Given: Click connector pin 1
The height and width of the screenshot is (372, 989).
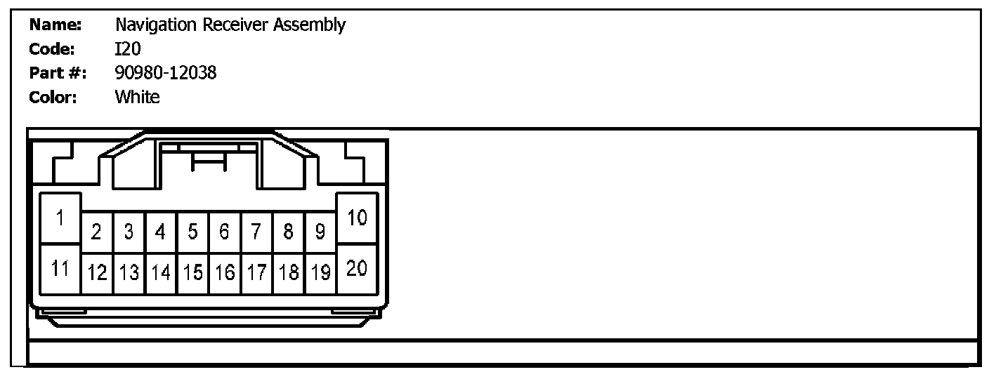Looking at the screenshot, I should click(x=60, y=218).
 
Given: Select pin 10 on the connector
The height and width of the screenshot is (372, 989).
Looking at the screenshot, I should click(x=358, y=218).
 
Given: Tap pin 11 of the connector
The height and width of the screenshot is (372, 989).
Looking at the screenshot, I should click(x=60, y=270).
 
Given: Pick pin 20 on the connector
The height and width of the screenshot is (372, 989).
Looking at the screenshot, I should click(x=358, y=270).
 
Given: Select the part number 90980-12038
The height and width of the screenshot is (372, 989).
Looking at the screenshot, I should click(x=166, y=72).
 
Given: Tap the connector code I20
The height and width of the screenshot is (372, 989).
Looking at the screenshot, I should click(x=129, y=49).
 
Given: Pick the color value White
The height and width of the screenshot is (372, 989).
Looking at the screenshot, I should click(x=138, y=97).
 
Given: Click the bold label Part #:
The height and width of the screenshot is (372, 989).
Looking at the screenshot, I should click(x=58, y=72).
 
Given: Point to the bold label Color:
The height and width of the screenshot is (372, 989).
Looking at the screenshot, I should click(x=53, y=97).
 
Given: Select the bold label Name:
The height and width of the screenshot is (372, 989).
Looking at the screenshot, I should click(x=56, y=25).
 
